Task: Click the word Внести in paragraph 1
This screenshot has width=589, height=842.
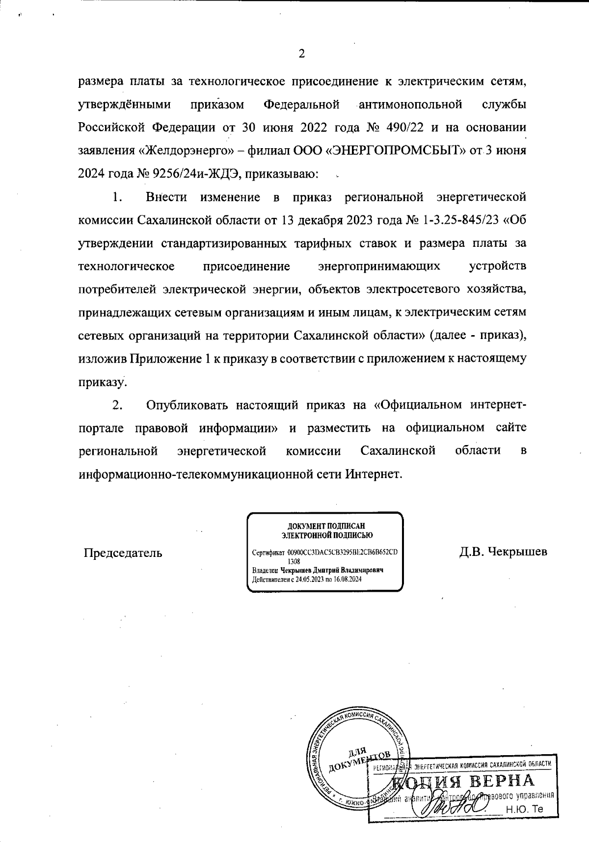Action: click(166, 197)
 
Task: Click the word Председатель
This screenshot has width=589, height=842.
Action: click(123, 553)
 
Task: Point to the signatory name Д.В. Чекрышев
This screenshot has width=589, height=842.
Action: click(503, 552)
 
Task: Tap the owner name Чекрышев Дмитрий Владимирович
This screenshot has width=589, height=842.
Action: click(331, 570)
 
